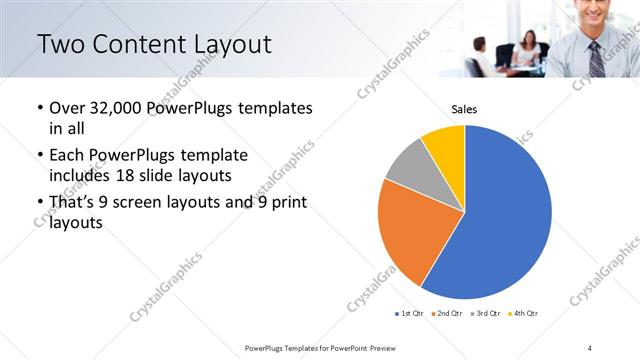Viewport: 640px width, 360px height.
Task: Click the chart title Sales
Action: click(x=464, y=108)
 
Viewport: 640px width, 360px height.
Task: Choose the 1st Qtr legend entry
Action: click(x=408, y=315)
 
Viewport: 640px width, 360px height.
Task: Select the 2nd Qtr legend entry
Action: click(x=445, y=315)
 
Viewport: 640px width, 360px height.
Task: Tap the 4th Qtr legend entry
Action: click(x=523, y=315)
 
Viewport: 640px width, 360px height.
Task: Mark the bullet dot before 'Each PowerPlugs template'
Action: click(x=39, y=156)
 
